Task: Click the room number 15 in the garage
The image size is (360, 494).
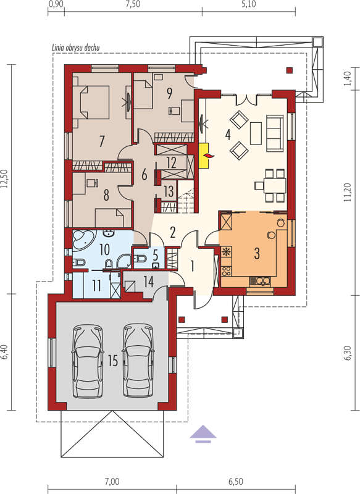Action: tap(113, 361)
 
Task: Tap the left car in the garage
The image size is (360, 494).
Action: tap(88, 361)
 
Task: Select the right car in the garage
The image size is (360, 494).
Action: tap(138, 361)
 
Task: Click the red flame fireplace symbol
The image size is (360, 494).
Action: tap(209, 156)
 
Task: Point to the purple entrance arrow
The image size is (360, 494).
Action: tap(203, 434)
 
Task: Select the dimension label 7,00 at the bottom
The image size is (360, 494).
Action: tap(112, 482)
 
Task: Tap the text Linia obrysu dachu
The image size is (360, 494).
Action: tap(75, 48)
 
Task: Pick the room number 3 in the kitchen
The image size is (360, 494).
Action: tap(257, 253)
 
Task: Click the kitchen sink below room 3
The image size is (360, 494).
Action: tap(260, 280)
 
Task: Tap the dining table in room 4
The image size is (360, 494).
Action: tap(275, 186)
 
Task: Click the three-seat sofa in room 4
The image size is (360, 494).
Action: tap(275, 132)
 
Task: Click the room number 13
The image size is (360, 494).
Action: tap(169, 191)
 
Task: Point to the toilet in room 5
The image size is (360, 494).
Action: tap(140, 259)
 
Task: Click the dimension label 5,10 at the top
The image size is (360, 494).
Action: tap(249, 4)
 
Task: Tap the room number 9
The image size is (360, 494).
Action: tap(169, 93)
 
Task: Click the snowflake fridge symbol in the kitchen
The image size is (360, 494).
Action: tap(225, 252)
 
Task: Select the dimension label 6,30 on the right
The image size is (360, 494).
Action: tap(348, 353)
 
